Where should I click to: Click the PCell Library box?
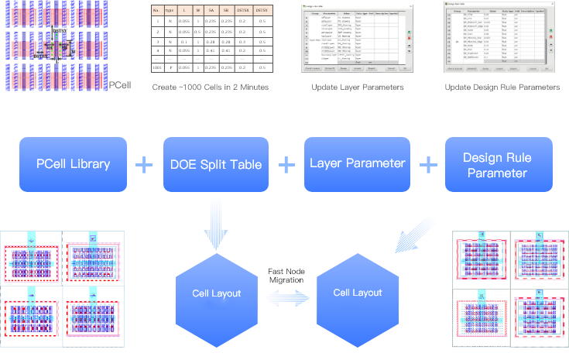[x=74, y=164]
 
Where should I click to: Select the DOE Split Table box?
[x=216, y=164]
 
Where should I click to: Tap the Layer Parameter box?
[x=357, y=163]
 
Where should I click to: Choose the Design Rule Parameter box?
[x=499, y=164]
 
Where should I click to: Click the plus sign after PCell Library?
[x=145, y=164]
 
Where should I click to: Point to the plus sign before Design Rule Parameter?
[x=427, y=164]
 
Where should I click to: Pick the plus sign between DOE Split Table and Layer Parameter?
[x=286, y=164]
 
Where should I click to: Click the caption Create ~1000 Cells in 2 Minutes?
[x=211, y=87]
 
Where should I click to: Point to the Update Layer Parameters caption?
[x=357, y=87]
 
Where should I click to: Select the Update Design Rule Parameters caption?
[x=502, y=87]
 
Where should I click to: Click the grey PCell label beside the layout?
[x=119, y=84]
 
